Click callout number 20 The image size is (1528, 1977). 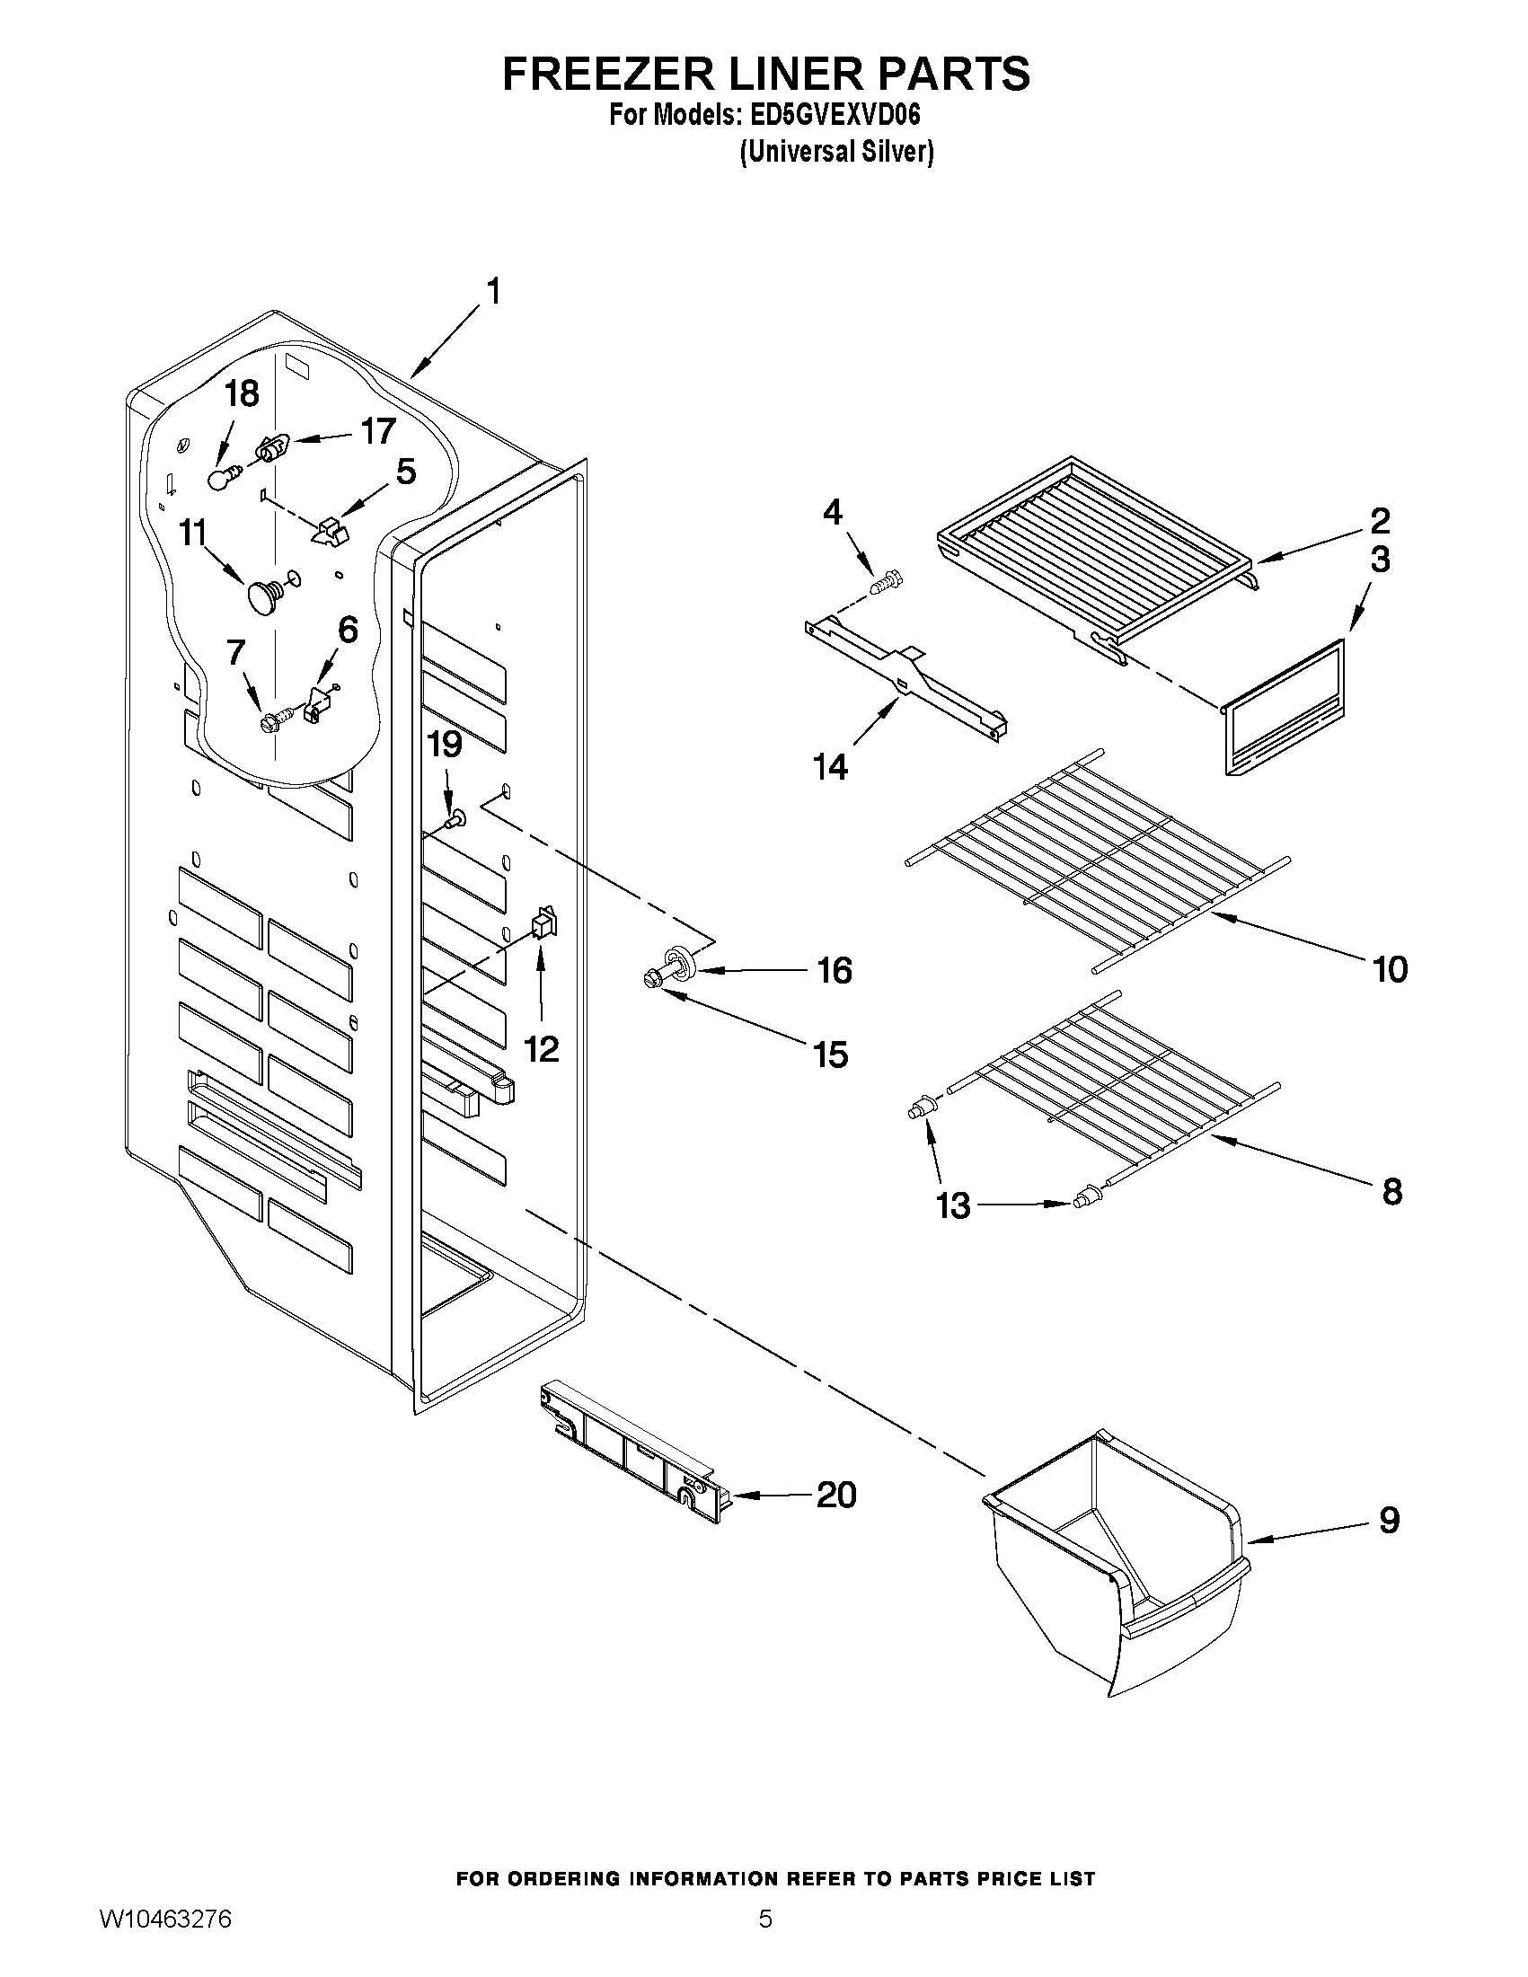835,1495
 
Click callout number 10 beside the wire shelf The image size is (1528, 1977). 1390,969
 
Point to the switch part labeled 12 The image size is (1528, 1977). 543,923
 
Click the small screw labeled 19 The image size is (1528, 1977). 455,820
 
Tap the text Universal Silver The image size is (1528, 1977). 835,152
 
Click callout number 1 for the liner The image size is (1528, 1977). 493,293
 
